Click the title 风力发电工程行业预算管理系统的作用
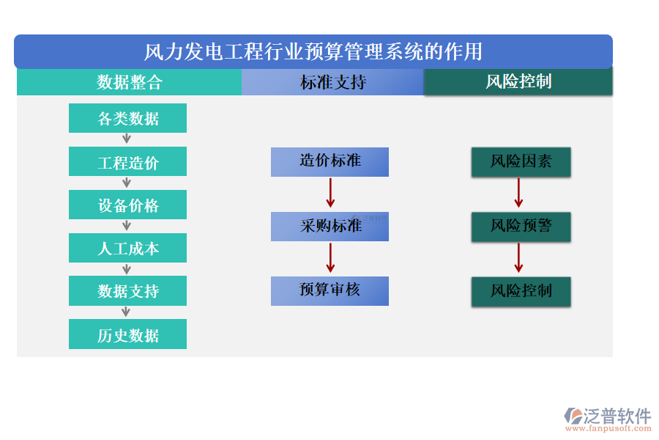[x=313, y=51]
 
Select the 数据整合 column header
[x=129, y=82]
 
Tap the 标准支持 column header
[x=332, y=82]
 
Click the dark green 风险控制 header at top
[x=518, y=82]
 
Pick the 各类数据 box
[x=127, y=118]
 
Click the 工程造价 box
[x=127, y=161]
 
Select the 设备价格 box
[x=127, y=205]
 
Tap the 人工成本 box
[x=127, y=248]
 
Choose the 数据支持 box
[x=127, y=291]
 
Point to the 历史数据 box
[x=127, y=334]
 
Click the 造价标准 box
[x=329, y=161]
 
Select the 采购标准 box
[x=329, y=226]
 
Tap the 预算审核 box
[x=329, y=290]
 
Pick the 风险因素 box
[x=521, y=161]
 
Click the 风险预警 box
[x=521, y=227]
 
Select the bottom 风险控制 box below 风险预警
[x=521, y=291]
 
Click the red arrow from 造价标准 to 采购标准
[x=330, y=194]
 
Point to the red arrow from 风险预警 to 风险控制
[x=518, y=258]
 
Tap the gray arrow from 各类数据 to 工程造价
[x=127, y=139]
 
